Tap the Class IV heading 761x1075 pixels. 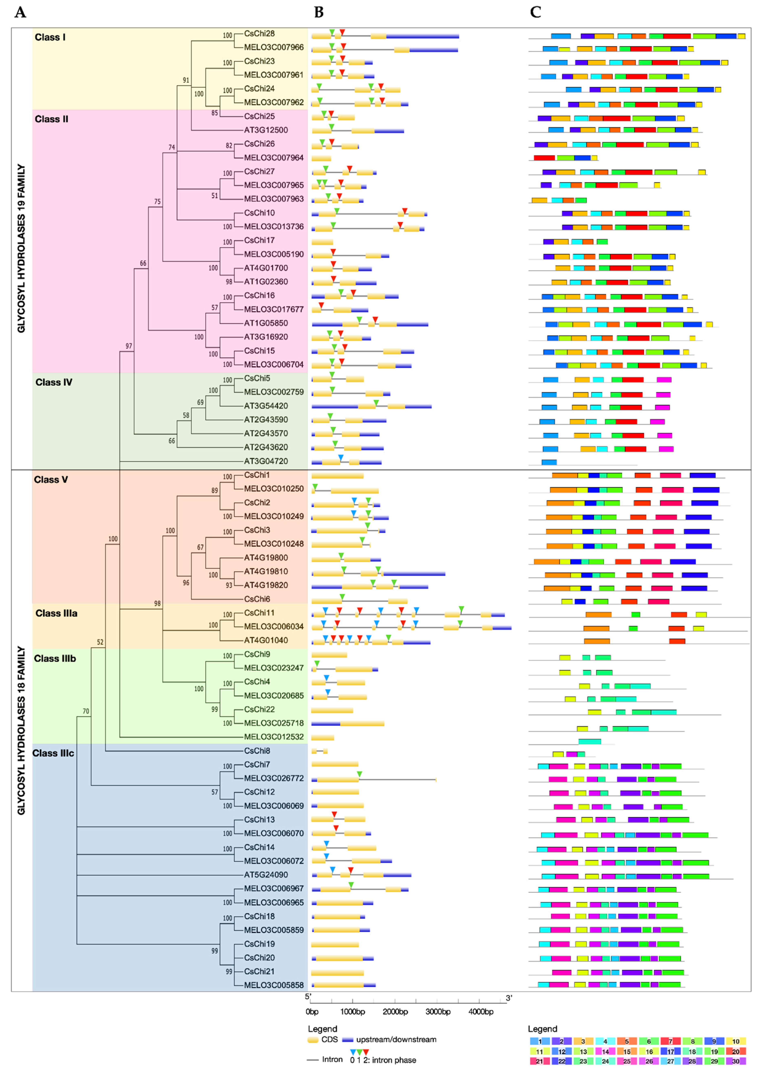54,382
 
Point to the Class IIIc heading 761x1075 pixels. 53,753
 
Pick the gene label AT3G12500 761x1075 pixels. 266,130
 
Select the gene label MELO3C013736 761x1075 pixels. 274,226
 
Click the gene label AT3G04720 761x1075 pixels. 266,461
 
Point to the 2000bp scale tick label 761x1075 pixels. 395,1012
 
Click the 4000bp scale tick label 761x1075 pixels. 481,1012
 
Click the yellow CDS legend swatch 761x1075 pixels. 313,1040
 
